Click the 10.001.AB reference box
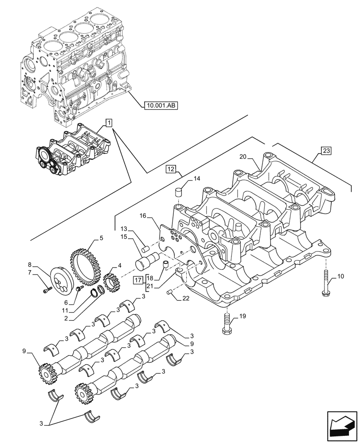click(160, 105)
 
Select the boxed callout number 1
click(109, 122)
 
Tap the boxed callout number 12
click(171, 169)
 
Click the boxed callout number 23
click(325, 152)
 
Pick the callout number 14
click(197, 179)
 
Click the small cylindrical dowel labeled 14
click(180, 193)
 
